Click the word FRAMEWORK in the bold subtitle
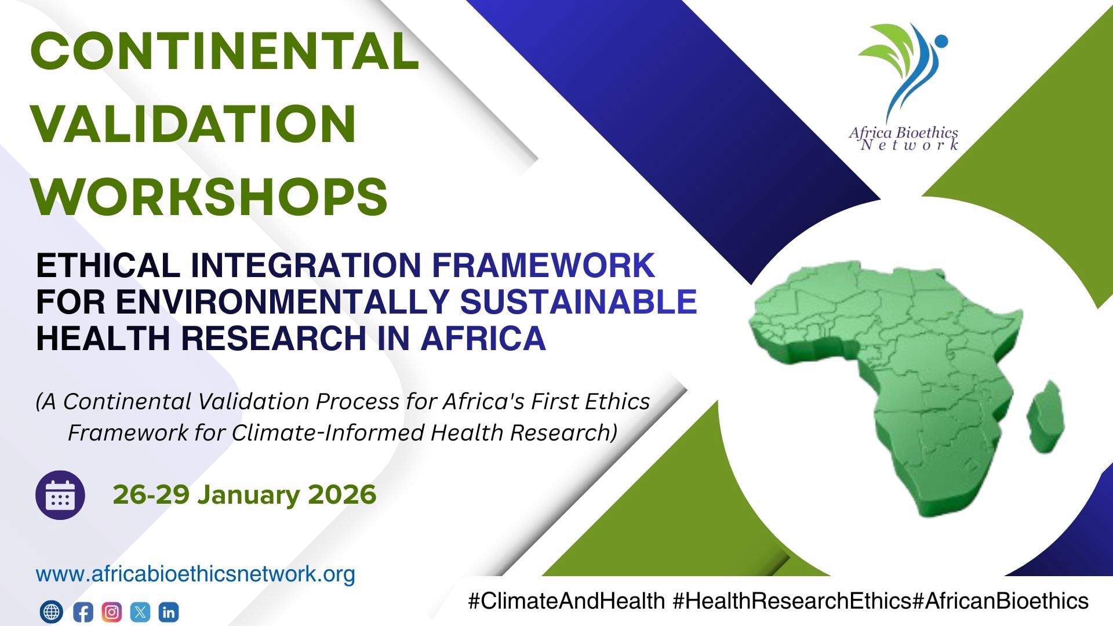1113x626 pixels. [x=544, y=265]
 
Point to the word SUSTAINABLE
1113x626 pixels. [x=579, y=301]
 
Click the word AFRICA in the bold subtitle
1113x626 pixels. [x=483, y=338]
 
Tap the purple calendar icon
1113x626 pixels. [x=60, y=495]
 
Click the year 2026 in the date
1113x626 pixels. [x=342, y=494]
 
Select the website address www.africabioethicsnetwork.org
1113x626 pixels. [x=195, y=574]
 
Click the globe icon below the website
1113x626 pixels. [x=51, y=612]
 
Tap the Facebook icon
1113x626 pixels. [x=83, y=612]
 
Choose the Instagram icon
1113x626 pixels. [x=112, y=612]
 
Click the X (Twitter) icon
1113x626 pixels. [x=140, y=612]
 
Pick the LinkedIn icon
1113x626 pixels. [x=169, y=612]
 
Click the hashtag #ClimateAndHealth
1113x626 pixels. [x=566, y=601]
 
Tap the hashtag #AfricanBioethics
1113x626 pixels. [x=1000, y=601]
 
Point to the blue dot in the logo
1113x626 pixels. [x=941, y=41]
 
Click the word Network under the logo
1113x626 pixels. [x=909, y=145]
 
